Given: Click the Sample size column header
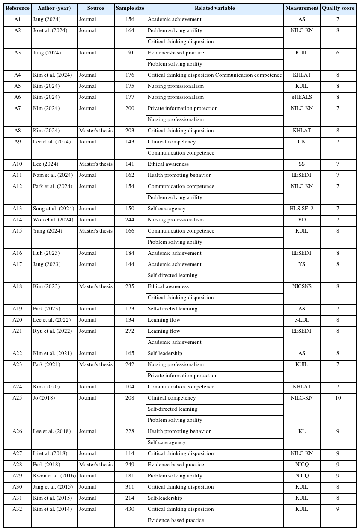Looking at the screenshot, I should (x=130, y=9).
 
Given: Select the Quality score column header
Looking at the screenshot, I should (x=338, y=9).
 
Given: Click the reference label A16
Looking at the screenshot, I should (x=17, y=253).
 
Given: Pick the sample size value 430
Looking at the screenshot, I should (x=130, y=509).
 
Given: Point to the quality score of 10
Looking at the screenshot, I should (x=338, y=398).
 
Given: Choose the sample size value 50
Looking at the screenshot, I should (x=130, y=53).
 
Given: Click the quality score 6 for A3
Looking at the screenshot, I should (x=338, y=53).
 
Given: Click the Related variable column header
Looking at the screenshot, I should (x=214, y=9).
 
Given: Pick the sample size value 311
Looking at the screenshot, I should (x=130, y=487).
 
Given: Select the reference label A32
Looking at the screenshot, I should (x=17, y=509).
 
